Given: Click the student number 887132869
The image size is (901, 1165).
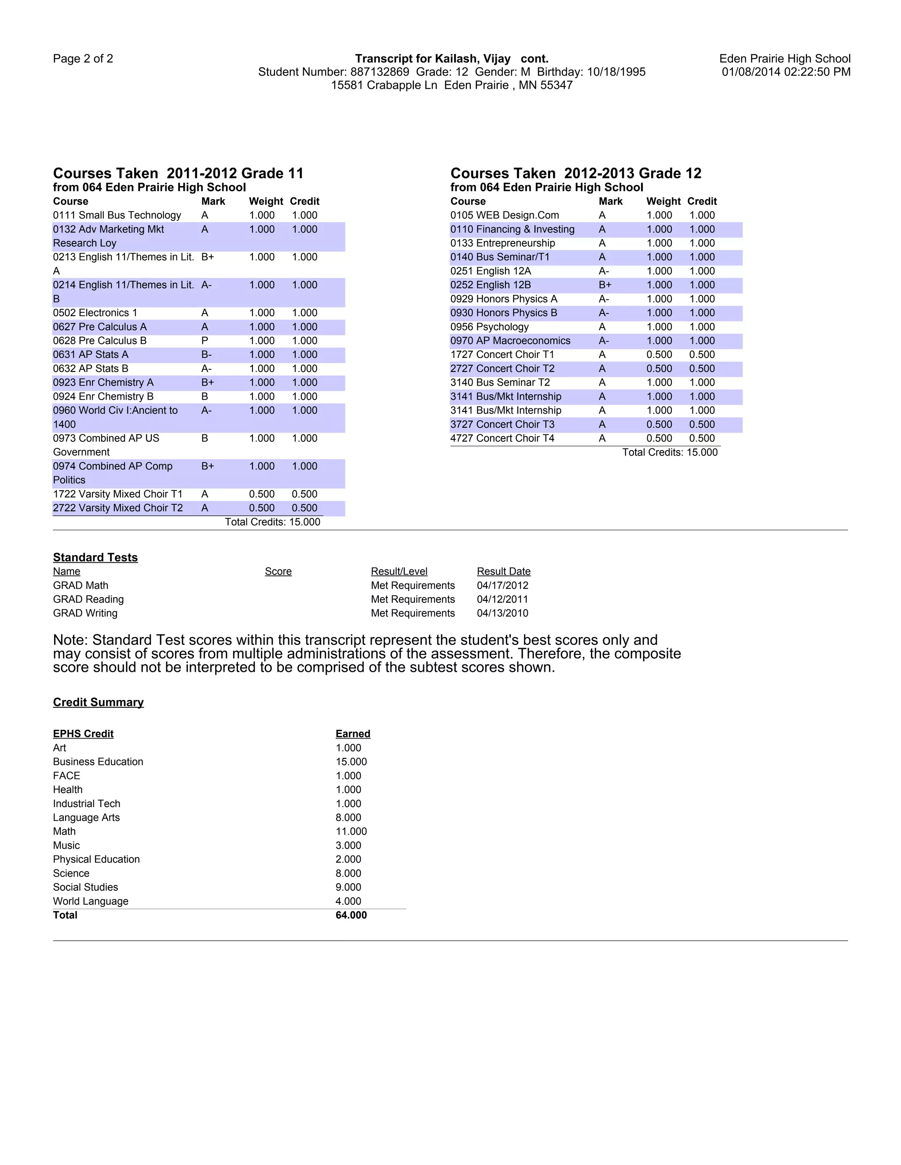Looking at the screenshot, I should [380, 72].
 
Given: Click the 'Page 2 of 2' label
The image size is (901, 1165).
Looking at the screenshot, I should [83, 58].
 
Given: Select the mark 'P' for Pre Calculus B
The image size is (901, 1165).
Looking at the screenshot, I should [205, 341].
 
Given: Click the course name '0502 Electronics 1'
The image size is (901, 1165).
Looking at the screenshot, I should [95, 313].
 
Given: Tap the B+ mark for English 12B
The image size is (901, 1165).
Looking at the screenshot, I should [605, 285].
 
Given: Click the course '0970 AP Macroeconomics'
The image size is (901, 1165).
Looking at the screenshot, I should [510, 341].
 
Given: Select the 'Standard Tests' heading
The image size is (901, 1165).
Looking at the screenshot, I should [95, 557].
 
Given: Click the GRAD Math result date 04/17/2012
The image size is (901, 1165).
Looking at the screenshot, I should [502, 586].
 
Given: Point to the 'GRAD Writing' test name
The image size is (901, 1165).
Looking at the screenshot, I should [85, 613].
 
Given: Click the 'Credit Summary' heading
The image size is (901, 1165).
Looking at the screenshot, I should [98, 703].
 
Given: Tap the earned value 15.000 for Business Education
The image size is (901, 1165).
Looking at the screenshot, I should [351, 762].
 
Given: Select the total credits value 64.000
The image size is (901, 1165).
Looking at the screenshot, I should [351, 915].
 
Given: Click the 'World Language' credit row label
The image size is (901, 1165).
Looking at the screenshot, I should [90, 902].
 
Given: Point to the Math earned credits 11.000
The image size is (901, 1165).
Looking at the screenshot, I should [351, 832].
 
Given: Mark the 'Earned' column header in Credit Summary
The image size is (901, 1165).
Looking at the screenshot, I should [353, 734].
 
